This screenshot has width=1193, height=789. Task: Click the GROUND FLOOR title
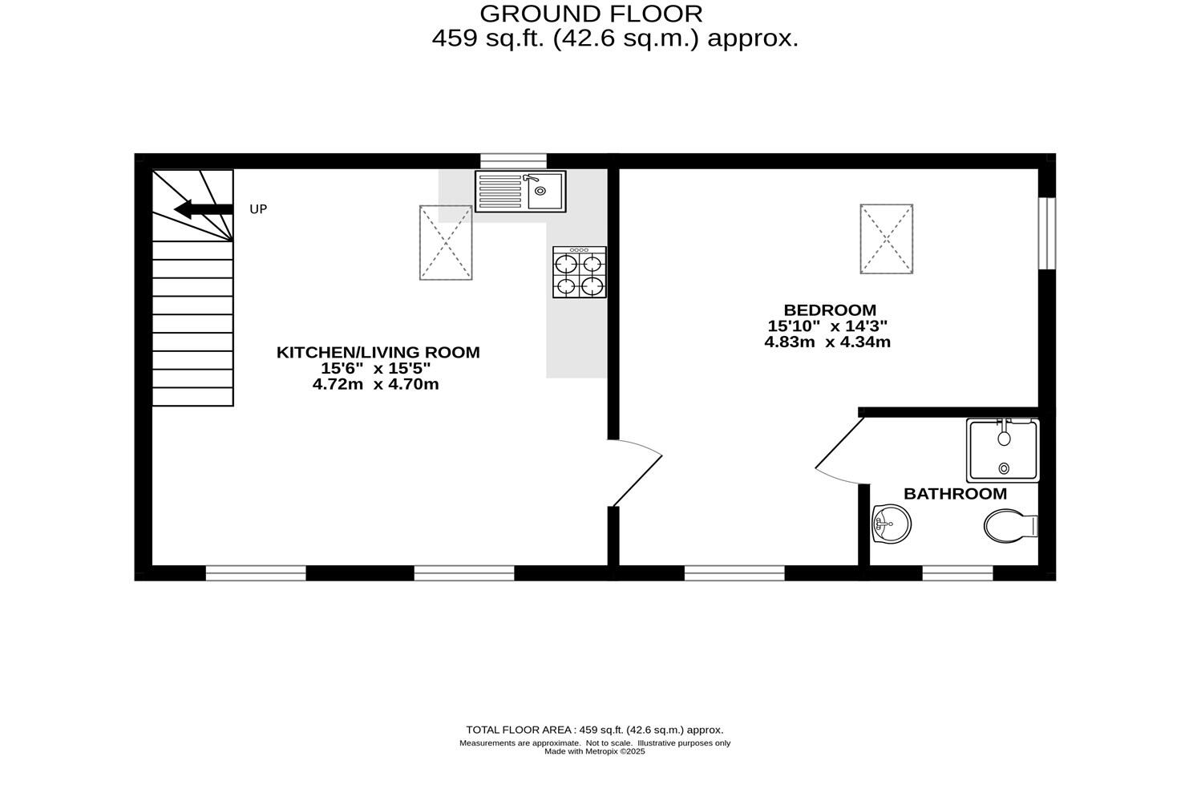(591, 14)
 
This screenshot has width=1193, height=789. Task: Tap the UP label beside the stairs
(258, 209)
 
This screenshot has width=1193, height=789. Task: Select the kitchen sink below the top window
(520, 191)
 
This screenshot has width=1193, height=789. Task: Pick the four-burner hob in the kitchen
(580, 273)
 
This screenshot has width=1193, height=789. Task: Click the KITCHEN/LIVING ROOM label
(378, 352)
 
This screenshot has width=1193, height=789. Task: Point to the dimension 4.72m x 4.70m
(376, 385)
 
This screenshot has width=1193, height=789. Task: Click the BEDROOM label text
(830, 310)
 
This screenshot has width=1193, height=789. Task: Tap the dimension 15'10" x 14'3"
(827, 326)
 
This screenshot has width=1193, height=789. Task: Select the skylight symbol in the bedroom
(887, 239)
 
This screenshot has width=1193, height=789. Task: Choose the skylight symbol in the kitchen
(446, 242)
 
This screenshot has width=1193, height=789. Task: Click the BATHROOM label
(955, 494)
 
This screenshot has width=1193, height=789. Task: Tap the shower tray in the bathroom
(1003, 450)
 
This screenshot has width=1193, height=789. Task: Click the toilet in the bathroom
(1009, 526)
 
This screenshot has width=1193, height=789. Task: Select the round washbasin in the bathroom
(891, 524)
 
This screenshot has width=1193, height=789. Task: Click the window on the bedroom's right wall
(1046, 233)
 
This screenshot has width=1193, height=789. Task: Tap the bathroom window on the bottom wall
(957, 573)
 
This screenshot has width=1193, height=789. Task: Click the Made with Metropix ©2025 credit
(594, 752)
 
